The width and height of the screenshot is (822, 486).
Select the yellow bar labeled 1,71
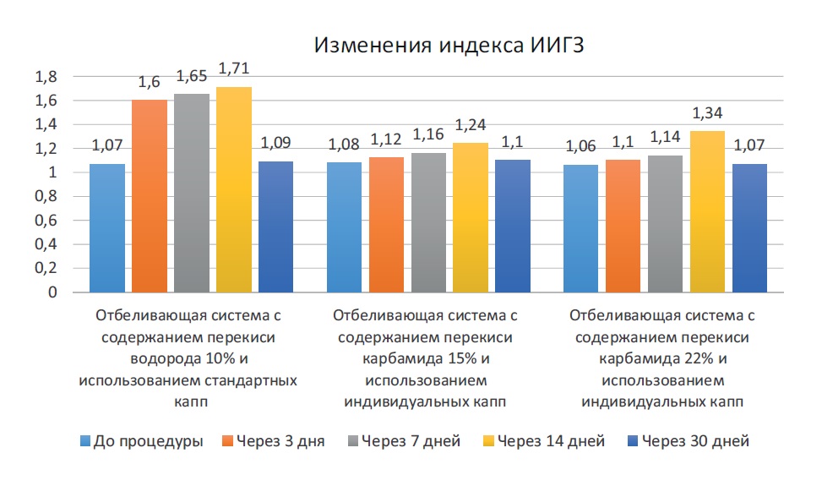pos(234,189)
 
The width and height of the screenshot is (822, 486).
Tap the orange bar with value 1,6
pos(149,195)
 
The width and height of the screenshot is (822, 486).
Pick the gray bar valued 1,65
pos(192,193)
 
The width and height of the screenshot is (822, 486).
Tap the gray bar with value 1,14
pos(666,223)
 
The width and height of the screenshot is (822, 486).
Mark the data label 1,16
pos(428,135)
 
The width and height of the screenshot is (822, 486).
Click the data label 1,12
pos(386,139)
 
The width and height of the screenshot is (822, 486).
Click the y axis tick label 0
pos(52,292)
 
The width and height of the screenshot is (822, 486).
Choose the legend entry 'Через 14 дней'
pos(550,441)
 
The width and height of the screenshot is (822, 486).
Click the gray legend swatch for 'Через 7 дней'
pos(352,441)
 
